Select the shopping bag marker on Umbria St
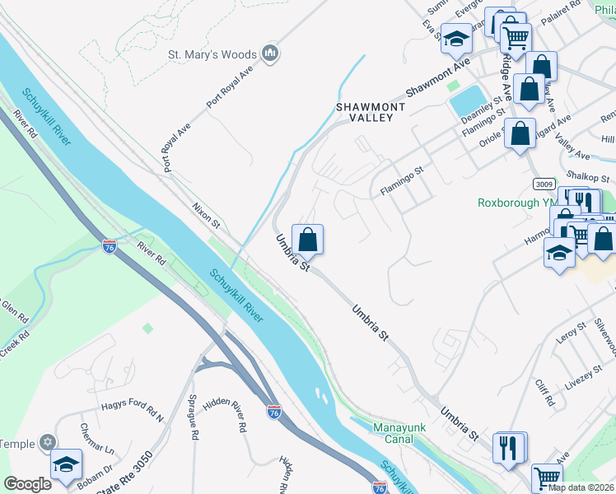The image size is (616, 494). pyautogui.click(x=307, y=240)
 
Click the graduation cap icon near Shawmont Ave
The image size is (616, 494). pyautogui.click(x=455, y=38)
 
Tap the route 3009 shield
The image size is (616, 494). pyautogui.click(x=543, y=183)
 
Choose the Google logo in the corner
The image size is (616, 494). pyautogui.click(x=27, y=484)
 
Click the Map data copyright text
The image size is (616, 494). pyautogui.click(x=581, y=487)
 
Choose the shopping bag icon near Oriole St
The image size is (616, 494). pyautogui.click(x=520, y=136)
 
